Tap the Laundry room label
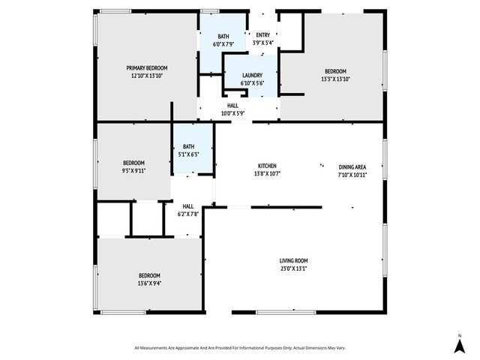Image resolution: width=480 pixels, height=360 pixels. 252,75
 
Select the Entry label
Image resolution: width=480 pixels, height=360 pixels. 262,35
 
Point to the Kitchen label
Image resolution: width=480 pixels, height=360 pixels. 268,166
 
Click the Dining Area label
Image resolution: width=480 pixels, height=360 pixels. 352,166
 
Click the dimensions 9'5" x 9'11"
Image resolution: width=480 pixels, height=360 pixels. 133,170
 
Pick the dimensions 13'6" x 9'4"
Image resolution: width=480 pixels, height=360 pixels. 148,283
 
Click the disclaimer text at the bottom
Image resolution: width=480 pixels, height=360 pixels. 239,348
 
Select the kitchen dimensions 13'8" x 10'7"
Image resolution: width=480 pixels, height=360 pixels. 268,174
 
